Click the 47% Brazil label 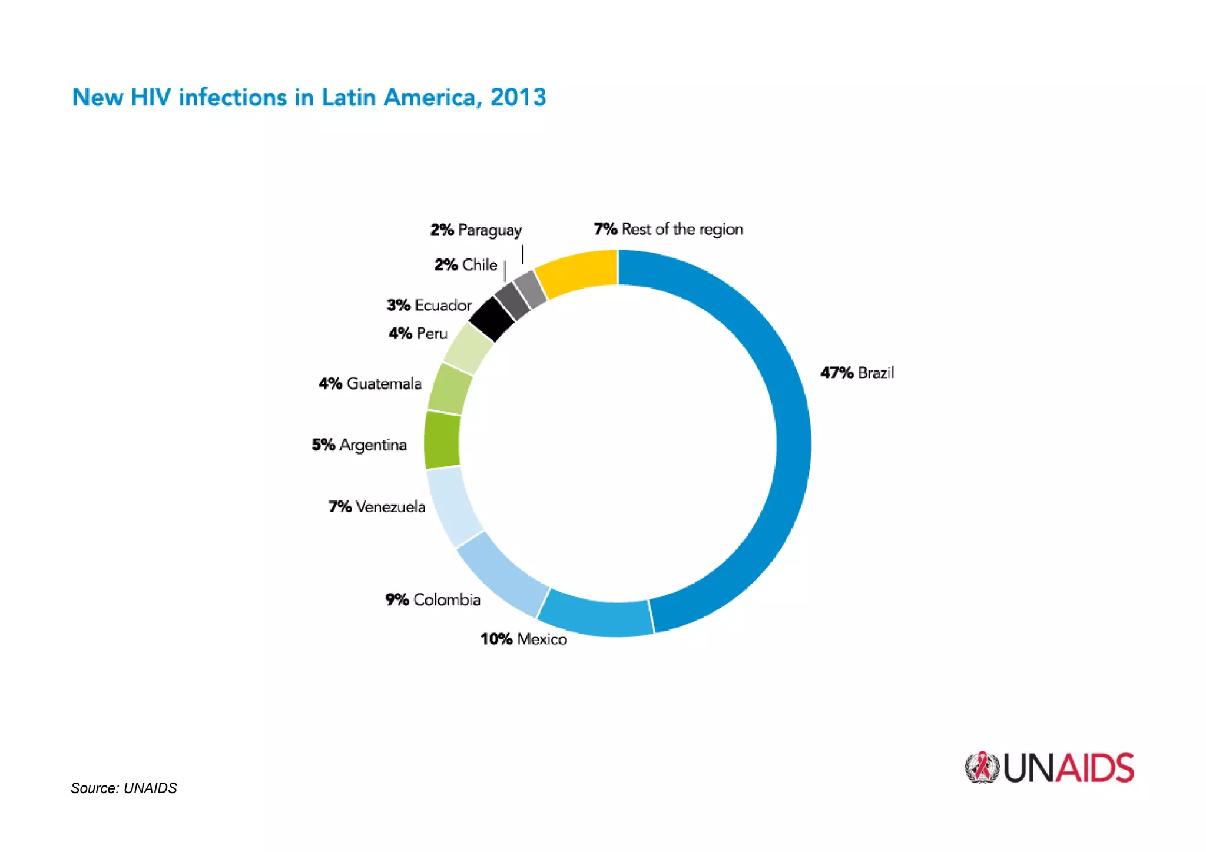[x=857, y=373]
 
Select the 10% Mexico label [x=524, y=639]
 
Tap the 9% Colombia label [x=433, y=599]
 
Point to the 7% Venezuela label [x=377, y=507]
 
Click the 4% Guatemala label [x=370, y=384]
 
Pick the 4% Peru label [x=418, y=334]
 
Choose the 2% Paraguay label [x=476, y=230]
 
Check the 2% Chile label [x=465, y=265]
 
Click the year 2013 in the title [x=518, y=98]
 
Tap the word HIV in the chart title [x=151, y=98]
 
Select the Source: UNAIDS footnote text [x=124, y=788]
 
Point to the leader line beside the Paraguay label [x=522, y=255]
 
